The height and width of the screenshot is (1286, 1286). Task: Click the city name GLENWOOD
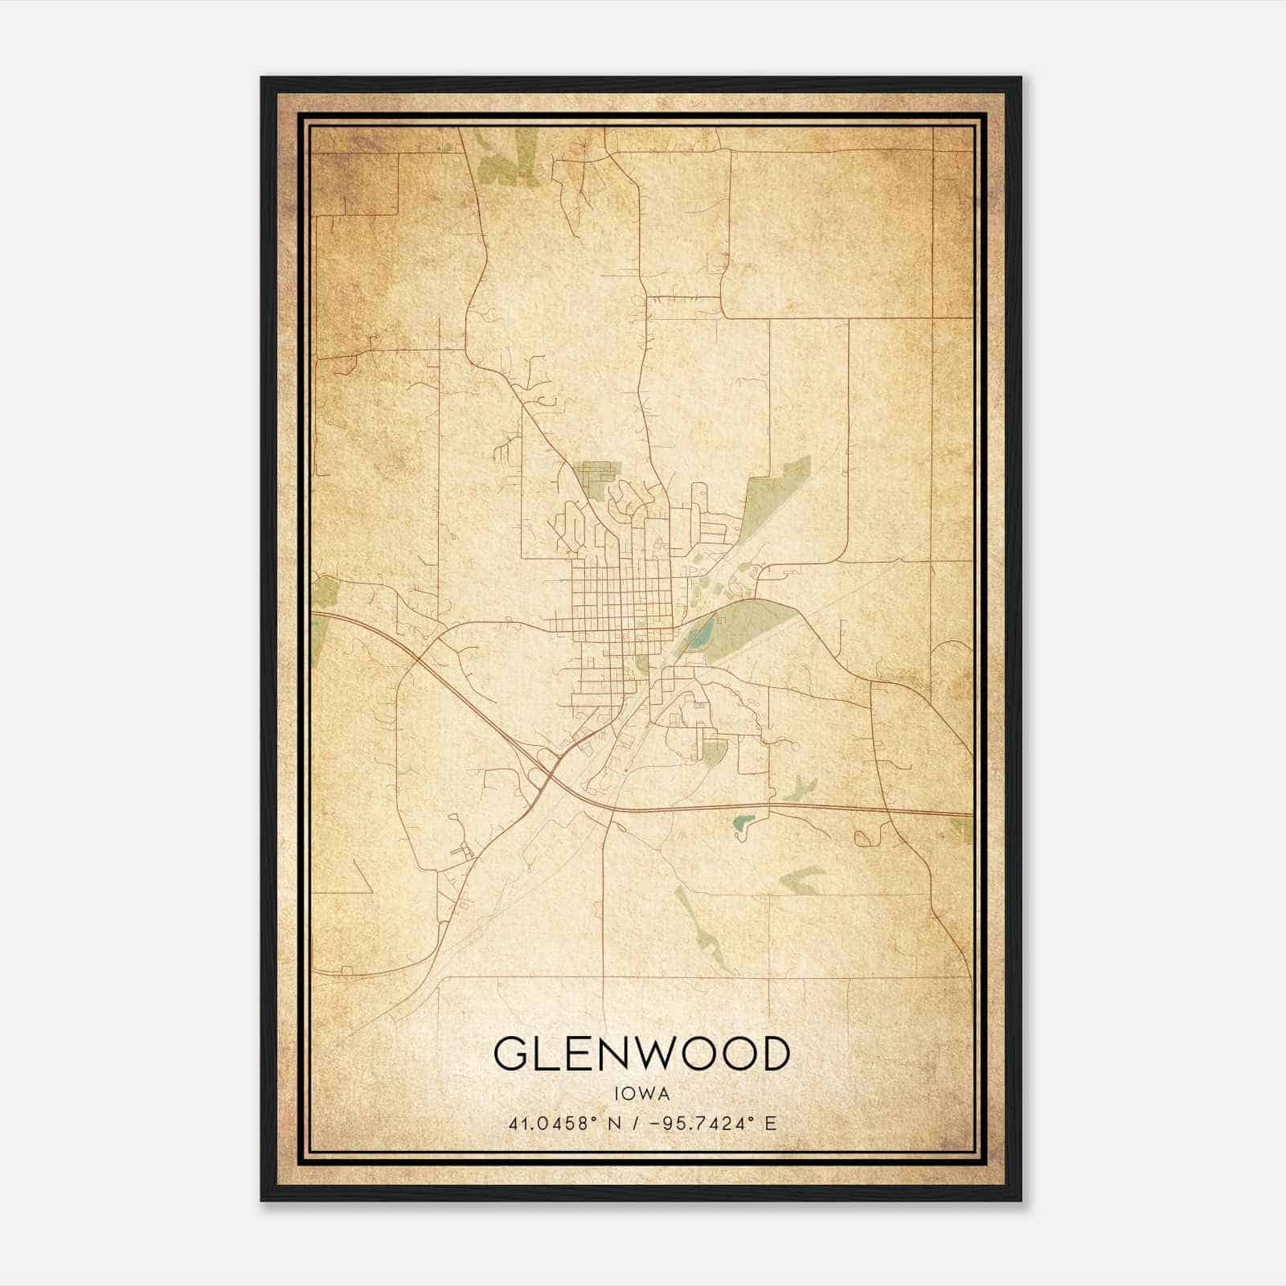click(x=641, y=1054)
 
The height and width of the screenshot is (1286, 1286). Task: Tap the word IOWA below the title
click(x=641, y=1094)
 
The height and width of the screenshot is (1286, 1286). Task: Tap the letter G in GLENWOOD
click(x=510, y=1054)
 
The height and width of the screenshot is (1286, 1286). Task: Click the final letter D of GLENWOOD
click(x=774, y=1054)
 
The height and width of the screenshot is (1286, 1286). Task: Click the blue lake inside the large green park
click(x=698, y=639)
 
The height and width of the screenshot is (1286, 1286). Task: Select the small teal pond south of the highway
click(x=741, y=824)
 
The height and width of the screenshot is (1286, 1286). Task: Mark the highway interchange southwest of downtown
click(x=555, y=768)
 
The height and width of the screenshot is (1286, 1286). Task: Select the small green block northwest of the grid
click(x=596, y=474)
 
